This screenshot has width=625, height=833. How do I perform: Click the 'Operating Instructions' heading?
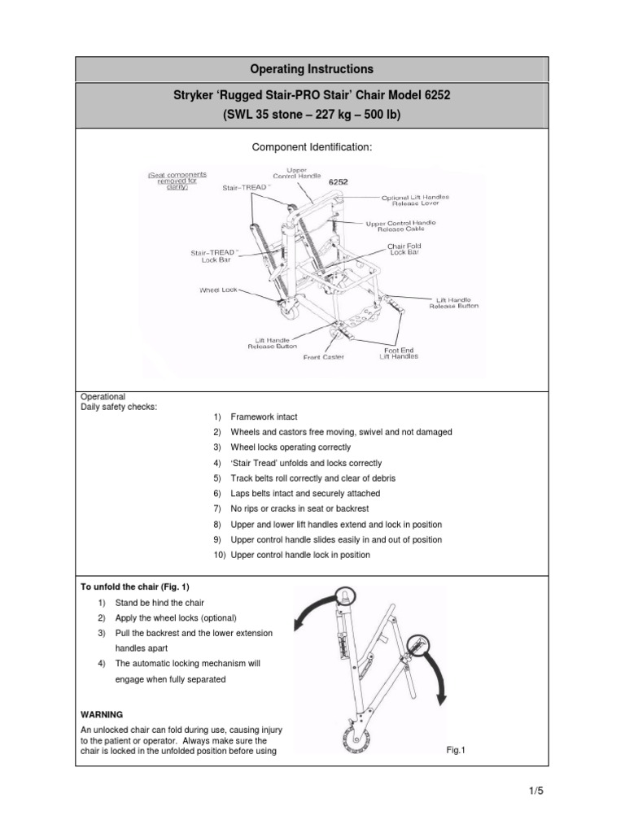click(312, 69)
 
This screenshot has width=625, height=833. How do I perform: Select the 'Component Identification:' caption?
click(312, 149)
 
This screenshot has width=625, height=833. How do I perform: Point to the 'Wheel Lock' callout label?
click(217, 290)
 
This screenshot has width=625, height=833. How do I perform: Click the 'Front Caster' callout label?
click(324, 356)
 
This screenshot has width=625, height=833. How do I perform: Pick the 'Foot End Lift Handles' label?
click(398, 353)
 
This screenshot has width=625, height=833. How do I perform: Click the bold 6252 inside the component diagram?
click(338, 182)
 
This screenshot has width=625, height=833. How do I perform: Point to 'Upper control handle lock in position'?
click(300, 555)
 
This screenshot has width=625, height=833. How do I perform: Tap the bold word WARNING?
click(102, 714)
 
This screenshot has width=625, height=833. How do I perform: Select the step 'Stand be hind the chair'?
click(160, 603)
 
